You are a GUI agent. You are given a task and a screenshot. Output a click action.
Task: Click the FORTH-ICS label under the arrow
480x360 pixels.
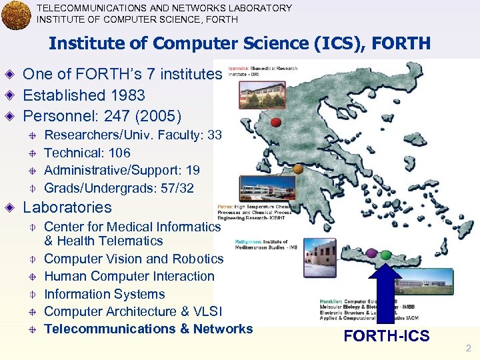tap(387, 336)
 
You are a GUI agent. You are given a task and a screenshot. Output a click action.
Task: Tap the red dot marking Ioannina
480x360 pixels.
tap(275, 122)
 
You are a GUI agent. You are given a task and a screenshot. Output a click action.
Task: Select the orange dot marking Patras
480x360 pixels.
tap(298, 170)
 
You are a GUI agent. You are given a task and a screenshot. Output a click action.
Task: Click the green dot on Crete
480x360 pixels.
tap(387, 253)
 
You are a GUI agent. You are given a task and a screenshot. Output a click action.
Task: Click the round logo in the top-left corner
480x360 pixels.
tap(16, 15)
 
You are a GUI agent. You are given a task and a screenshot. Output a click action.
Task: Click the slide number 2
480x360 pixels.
tap(468, 348)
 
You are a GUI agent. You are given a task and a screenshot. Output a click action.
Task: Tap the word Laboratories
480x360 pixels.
tap(67, 207)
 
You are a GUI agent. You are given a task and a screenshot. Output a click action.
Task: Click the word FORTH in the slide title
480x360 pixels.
tap(401, 43)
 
